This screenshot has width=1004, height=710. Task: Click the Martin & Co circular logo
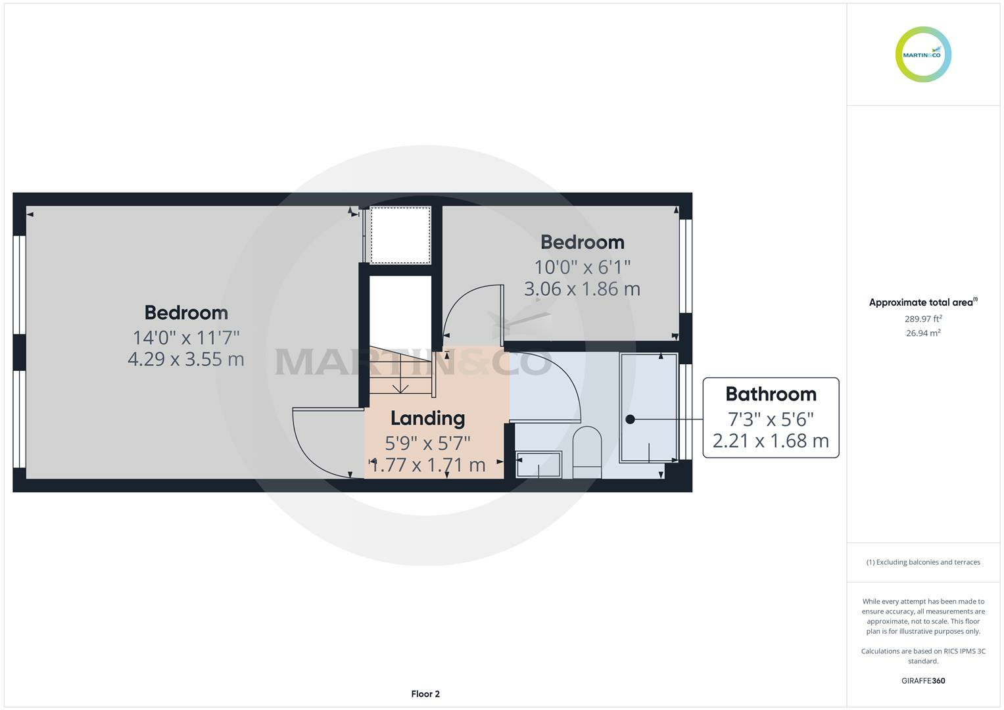[x=923, y=55]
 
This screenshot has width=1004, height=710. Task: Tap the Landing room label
[x=427, y=418]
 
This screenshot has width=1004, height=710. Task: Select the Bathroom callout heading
[x=771, y=394]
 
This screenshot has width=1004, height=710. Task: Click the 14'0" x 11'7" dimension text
[x=186, y=337]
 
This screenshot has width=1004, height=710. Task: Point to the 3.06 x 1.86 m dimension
[x=582, y=289]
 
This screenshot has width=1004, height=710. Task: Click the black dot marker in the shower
[x=630, y=419]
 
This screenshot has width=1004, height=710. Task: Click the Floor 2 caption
[x=425, y=694]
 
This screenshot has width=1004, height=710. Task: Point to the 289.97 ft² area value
[x=923, y=319]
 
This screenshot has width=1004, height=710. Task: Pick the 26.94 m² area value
[x=923, y=333]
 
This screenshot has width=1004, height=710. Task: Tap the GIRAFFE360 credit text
[x=923, y=680]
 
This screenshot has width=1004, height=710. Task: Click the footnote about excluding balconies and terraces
[x=923, y=562]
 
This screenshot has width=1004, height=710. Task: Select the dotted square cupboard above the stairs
[x=400, y=235]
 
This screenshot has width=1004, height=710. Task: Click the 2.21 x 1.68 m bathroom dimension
[x=771, y=440]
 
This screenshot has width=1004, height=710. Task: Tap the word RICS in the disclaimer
[x=951, y=651]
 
